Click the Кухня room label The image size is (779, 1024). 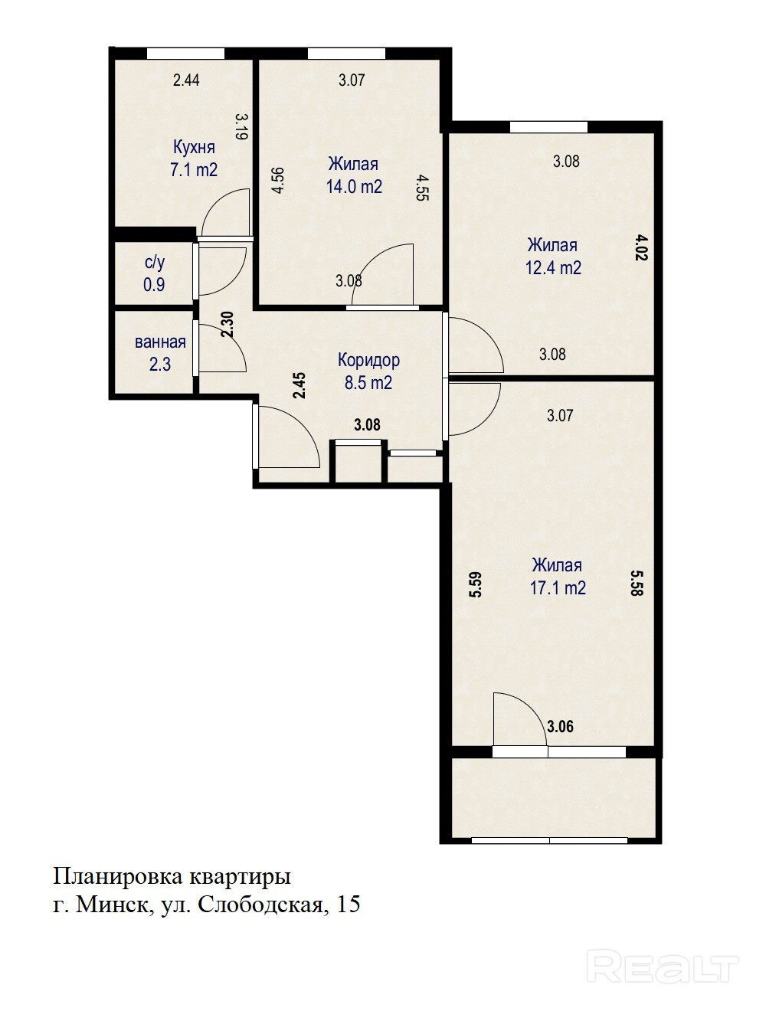pyautogui.click(x=194, y=147)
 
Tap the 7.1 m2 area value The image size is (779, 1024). pyautogui.click(x=194, y=170)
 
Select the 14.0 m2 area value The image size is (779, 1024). pyautogui.click(x=354, y=187)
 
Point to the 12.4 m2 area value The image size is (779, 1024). pyautogui.click(x=553, y=268)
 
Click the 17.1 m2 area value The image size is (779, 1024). pyautogui.click(x=558, y=587)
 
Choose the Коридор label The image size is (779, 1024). pyautogui.click(x=368, y=361)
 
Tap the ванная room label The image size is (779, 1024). pyautogui.click(x=160, y=342)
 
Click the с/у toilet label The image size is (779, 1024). pyautogui.click(x=155, y=263)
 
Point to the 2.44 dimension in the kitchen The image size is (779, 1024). pyautogui.click(x=186, y=80)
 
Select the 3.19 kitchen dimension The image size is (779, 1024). pyautogui.click(x=241, y=127)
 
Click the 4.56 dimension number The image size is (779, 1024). pyautogui.click(x=278, y=181)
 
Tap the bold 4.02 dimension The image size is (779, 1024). pyautogui.click(x=641, y=247)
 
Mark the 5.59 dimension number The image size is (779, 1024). pyautogui.click(x=476, y=584)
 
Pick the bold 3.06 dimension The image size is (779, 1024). pyautogui.click(x=560, y=726)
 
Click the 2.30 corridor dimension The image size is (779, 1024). pyautogui.click(x=227, y=324)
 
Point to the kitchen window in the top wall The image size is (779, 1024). pyautogui.click(x=185, y=54)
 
